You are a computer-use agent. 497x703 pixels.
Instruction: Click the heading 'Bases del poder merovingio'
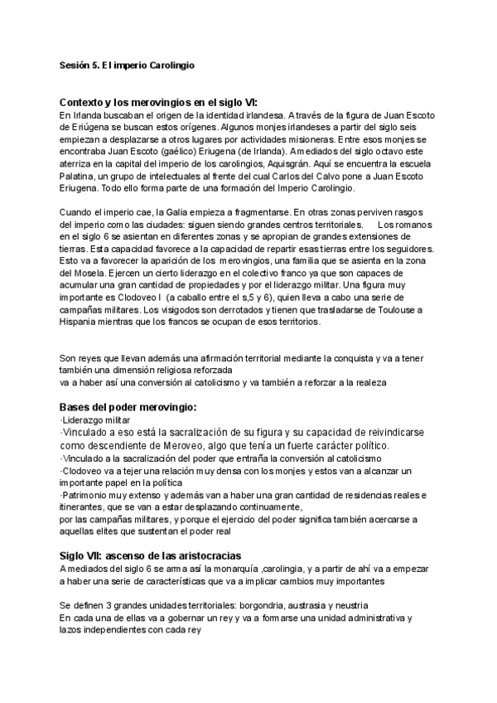point(128,408)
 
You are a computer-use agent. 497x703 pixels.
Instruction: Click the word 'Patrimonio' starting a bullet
point(89,494)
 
